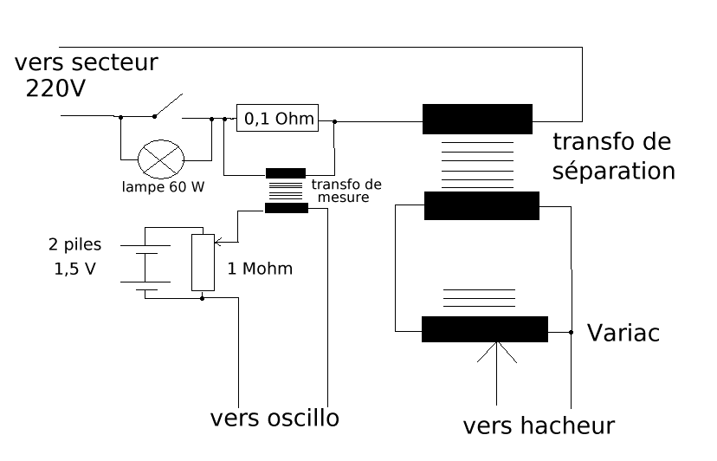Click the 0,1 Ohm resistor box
click(277, 117)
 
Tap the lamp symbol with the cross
click(162, 159)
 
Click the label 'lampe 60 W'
click(163, 187)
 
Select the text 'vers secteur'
click(87, 63)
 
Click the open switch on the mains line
click(169, 106)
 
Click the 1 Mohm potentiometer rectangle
click(202, 262)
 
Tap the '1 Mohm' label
click(260, 269)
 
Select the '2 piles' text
click(75, 245)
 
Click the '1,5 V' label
click(74, 269)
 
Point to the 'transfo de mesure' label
click(346, 191)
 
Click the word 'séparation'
click(613, 170)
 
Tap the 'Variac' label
click(623, 333)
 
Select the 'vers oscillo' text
click(275, 418)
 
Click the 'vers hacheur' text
click(539, 425)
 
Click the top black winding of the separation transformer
click(477, 119)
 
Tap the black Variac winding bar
click(484, 329)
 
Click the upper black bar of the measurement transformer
click(285, 173)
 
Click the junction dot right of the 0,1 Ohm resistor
click(335, 122)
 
